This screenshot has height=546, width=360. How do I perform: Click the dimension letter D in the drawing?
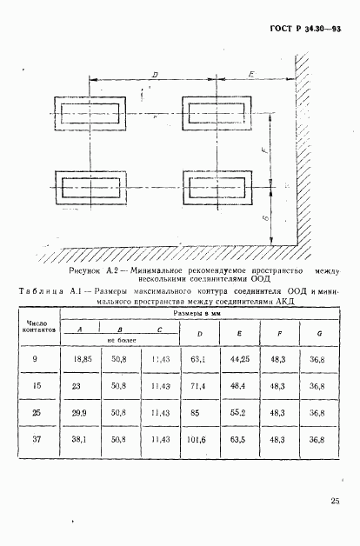[x=154, y=77]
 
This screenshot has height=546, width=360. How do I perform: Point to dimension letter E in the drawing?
[x=250, y=77]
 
